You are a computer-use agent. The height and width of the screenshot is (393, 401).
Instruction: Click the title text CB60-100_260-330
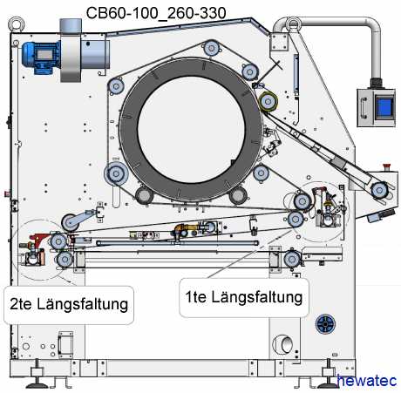[156, 13]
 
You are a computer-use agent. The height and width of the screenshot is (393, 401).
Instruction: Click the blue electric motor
[41, 58]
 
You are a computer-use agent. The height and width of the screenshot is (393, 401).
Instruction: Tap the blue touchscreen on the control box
[384, 106]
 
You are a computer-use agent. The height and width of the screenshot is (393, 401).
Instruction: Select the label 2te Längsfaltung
[69, 305]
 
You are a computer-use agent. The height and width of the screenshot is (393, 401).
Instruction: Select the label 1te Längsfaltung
[244, 297]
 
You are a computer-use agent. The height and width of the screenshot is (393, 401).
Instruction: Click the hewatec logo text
[367, 381]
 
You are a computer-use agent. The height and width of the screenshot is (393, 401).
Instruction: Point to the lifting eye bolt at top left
[16, 24]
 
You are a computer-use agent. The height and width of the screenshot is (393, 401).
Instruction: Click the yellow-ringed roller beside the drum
[268, 102]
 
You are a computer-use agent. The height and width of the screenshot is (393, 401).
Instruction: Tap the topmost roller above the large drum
[211, 48]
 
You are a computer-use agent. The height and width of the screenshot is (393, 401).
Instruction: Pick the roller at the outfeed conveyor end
[379, 190]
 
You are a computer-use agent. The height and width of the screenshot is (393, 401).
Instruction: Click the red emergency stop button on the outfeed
[387, 166]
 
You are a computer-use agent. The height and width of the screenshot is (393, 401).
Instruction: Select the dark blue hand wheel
[325, 323]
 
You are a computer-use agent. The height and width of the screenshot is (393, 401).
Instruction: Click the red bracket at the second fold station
[40, 238]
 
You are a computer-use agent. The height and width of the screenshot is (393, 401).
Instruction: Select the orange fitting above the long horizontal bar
[183, 229]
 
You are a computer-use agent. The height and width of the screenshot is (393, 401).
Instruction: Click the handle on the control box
[364, 108]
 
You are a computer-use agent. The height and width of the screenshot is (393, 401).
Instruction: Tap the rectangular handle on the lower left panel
[65, 344]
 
